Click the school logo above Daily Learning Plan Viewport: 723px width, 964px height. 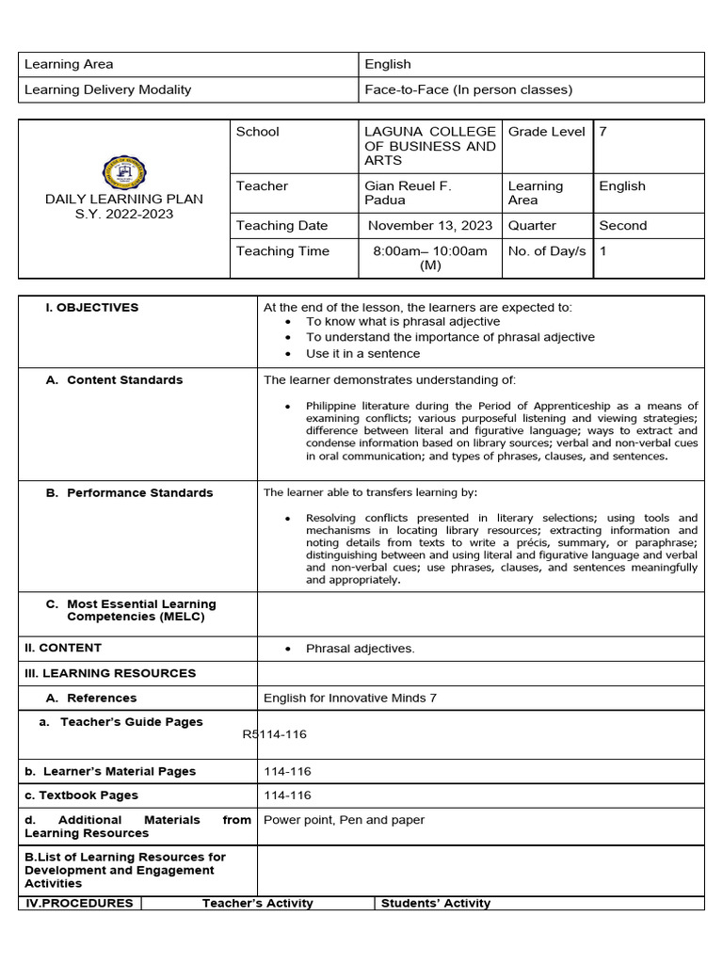click(123, 173)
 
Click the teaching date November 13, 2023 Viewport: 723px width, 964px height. click(429, 226)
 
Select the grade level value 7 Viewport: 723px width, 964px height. click(603, 132)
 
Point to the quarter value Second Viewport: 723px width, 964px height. click(622, 226)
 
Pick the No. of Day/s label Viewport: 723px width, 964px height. click(546, 251)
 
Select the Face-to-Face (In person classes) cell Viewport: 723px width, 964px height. click(468, 90)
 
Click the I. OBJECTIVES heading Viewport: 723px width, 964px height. click(92, 308)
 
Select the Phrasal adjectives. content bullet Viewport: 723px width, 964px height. click(360, 649)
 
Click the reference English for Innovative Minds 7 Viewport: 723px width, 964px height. click(349, 699)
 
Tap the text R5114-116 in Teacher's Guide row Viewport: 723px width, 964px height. click(274, 734)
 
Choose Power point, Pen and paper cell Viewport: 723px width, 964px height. click(344, 820)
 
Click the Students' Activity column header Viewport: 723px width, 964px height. click(435, 903)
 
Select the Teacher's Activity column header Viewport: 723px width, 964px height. click(257, 903)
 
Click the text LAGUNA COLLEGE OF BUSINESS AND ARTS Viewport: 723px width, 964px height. click(429, 146)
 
